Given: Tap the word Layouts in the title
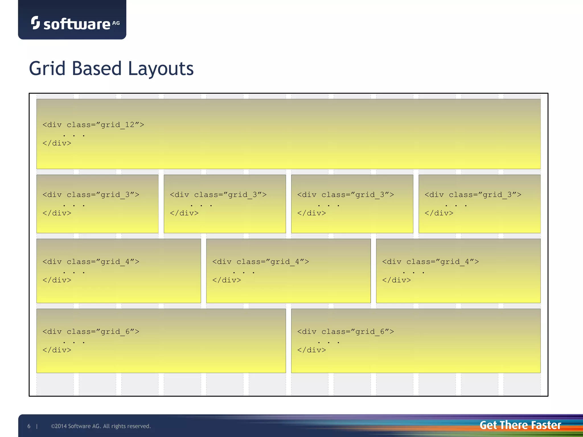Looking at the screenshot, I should (x=161, y=69).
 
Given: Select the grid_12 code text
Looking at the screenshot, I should (x=93, y=125).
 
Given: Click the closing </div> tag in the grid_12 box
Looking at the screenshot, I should (x=57, y=143).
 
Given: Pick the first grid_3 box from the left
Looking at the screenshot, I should (x=97, y=204).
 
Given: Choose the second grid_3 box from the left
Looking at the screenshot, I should (x=225, y=204).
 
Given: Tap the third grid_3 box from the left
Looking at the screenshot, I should (x=352, y=204).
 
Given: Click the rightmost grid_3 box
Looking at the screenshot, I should (x=479, y=204).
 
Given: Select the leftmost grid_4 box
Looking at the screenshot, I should (x=118, y=271).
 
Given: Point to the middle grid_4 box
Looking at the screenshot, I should (x=288, y=271).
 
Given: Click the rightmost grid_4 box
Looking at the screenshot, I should (x=458, y=271).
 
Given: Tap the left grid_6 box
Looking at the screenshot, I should (x=161, y=341).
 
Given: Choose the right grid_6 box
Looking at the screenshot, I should (x=416, y=341).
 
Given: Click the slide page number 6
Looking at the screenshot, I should (x=29, y=426).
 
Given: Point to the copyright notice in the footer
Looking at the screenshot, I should (x=101, y=426).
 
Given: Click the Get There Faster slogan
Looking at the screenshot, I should (x=520, y=425).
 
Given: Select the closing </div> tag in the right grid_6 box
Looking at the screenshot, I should (x=312, y=350).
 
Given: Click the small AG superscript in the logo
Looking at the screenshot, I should (x=116, y=23).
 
